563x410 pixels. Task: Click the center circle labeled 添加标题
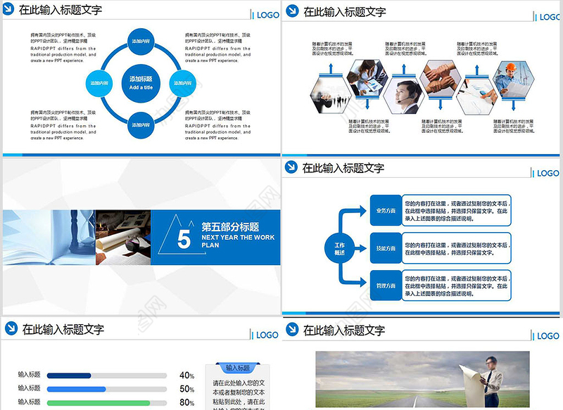tap(141, 82)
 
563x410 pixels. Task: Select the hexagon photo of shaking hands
tap(438, 78)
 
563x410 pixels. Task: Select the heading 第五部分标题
tap(230, 227)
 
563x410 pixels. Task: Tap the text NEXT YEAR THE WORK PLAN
tap(238, 241)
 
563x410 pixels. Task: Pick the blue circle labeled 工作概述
tap(339, 248)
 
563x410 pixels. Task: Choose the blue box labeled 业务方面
tap(386, 210)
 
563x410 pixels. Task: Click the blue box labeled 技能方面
tap(386, 248)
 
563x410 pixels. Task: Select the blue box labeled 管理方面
tap(386, 286)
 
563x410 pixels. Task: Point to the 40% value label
tap(186, 376)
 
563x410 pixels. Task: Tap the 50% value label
tap(186, 389)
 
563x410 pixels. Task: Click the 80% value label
tap(186, 402)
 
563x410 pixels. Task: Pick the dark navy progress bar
tap(69, 376)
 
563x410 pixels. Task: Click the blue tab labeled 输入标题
tap(238, 368)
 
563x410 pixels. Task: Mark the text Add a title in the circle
tap(141, 87)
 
